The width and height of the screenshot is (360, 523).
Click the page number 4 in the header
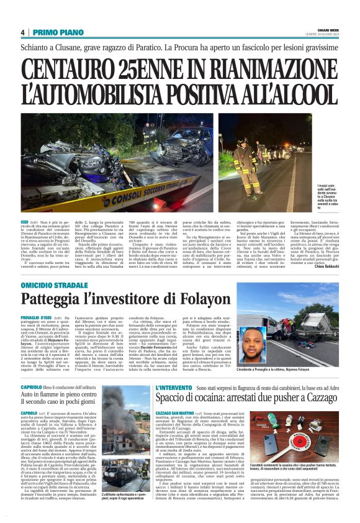23,32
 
